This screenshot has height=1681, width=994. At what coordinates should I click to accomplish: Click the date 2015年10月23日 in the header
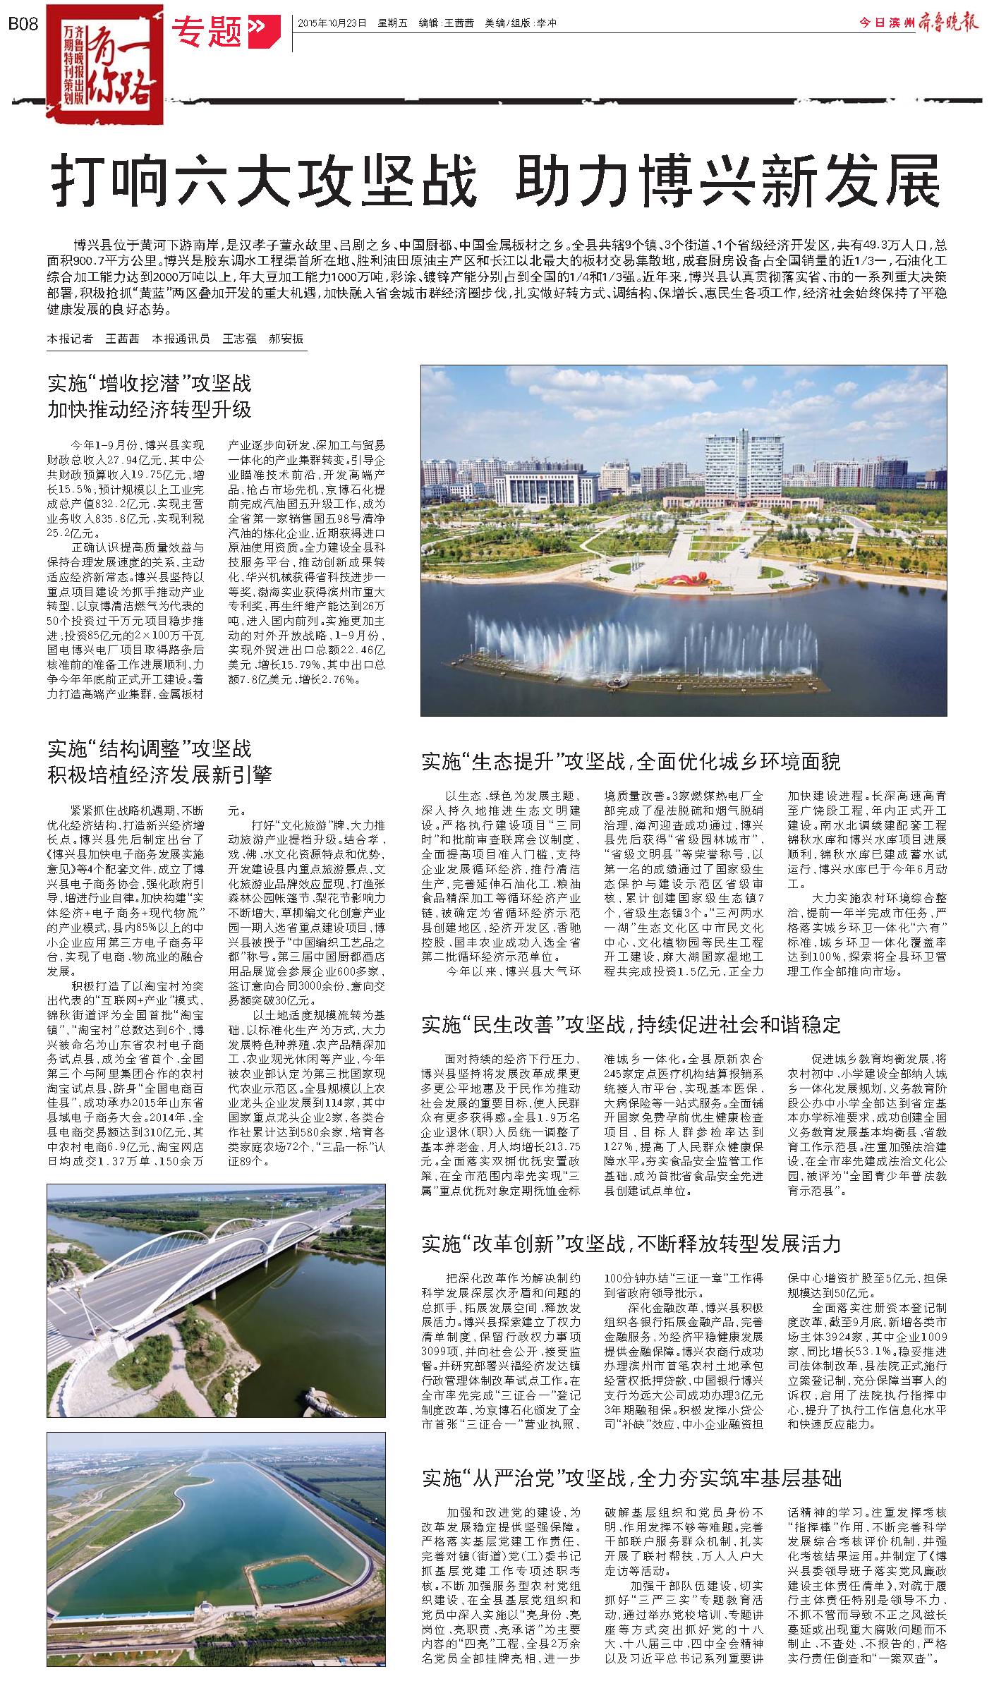tap(332, 23)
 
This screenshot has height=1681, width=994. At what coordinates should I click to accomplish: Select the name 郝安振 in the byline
tap(286, 339)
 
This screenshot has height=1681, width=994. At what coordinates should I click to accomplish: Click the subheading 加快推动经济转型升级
tap(150, 410)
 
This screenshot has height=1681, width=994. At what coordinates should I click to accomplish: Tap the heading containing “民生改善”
tap(631, 1024)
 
